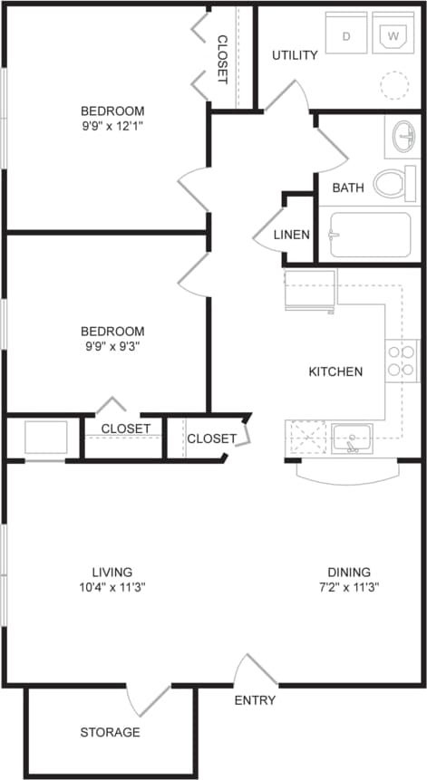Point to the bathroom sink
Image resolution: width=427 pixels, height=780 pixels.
coord(402,139)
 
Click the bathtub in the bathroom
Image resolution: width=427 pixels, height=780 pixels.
coord(371,236)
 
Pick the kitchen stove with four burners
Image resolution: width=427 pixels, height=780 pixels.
coord(402,361)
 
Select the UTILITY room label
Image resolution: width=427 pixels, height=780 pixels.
coord(295,55)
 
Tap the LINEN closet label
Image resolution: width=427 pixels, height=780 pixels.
coord(293,235)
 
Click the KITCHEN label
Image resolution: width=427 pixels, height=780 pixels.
coord(335,371)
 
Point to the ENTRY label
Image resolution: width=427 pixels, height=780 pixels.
coord(255,700)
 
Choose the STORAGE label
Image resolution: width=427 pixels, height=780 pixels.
coord(110,732)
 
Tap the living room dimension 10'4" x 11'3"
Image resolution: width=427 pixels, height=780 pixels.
coord(112,586)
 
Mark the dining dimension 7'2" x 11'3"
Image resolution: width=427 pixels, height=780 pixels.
coord(349,586)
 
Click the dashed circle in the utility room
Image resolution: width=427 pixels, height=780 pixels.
coord(394,86)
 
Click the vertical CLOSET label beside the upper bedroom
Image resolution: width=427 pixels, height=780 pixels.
coord(222,59)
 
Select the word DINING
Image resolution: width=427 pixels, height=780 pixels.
coord(349,572)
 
